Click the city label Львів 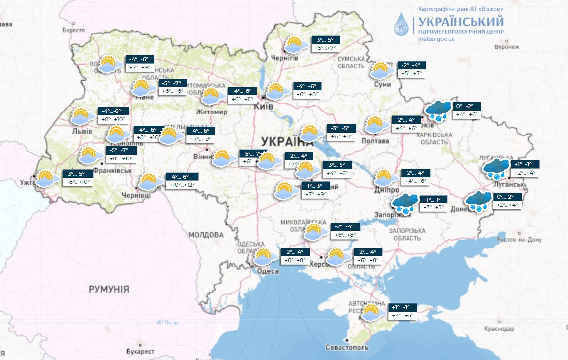click(x=82, y=131)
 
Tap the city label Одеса click(x=268, y=271)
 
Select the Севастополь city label click(x=347, y=347)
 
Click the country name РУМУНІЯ click(x=109, y=289)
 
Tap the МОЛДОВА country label click(x=206, y=235)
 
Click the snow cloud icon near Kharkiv click(x=438, y=111)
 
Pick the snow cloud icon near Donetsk click(x=478, y=201)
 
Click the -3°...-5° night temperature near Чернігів click(x=324, y=40)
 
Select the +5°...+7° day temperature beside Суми click(x=411, y=74)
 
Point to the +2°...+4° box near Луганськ click(x=524, y=173)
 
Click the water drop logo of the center click(x=403, y=25)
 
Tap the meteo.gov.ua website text click(x=437, y=39)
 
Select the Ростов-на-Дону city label click(x=519, y=240)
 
